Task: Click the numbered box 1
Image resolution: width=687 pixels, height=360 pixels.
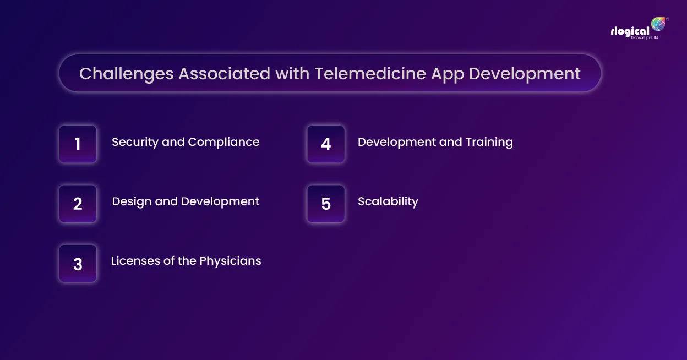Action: click(78, 144)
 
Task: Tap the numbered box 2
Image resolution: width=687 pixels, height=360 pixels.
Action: click(78, 204)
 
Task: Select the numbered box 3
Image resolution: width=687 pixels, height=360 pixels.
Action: click(78, 264)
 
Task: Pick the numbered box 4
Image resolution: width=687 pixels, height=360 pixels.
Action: click(326, 144)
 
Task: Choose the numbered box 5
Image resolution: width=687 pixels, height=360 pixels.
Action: click(326, 204)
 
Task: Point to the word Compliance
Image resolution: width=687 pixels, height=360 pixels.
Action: click(223, 142)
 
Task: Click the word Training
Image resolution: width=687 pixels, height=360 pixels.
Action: click(489, 142)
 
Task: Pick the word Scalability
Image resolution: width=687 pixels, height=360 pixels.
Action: click(388, 201)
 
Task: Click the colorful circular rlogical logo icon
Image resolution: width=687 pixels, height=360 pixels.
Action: click(658, 24)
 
